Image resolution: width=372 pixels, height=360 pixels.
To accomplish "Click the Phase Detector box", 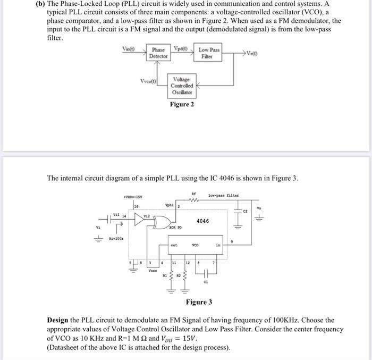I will (x=158, y=53).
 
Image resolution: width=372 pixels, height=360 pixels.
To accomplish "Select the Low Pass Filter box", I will (x=209, y=53).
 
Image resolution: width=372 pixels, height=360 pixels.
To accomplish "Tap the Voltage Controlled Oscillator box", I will (x=182, y=86).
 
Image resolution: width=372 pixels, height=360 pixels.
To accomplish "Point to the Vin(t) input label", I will (x=129, y=49).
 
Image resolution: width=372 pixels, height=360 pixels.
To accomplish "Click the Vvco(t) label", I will (x=149, y=82).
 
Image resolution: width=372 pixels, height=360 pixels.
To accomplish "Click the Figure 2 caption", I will (x=182, y=104).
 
